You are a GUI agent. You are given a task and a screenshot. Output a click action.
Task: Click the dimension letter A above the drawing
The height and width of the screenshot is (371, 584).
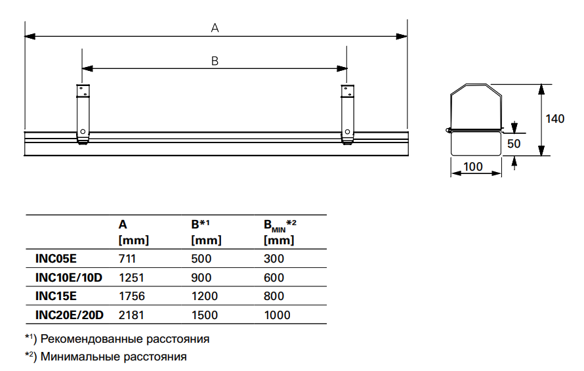(x=215, y=28)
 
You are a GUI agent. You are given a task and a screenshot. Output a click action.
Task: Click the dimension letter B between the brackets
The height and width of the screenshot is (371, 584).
(x=215, y=60)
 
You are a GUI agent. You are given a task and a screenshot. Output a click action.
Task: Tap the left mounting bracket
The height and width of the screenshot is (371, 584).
(x=82, y=112)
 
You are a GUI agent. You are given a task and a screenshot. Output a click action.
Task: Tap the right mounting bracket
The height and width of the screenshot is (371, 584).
(x=347, y=112)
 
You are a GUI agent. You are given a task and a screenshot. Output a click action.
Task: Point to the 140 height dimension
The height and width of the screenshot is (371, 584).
(x=555, y=119)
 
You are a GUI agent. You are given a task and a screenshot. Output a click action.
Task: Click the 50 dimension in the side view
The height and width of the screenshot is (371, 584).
(x=514, y=142)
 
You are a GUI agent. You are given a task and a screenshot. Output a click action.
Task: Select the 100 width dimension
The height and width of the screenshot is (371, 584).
(x=473, y=166)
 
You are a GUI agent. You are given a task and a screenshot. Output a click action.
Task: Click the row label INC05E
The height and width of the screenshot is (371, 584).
(x=55, y=259)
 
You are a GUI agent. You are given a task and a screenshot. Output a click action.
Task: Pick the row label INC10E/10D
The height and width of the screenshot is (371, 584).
(x=69, y=278)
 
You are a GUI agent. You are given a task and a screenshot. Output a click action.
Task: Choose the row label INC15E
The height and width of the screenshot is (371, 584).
(x=55, y=296)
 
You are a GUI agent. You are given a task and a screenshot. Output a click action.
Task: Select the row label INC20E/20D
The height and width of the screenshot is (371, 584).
(x=69, y=315)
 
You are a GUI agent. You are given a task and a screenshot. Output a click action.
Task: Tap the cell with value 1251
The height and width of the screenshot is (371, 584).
(x=131, y=278)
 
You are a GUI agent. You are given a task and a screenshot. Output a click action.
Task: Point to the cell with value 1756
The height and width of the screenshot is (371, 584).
(x=131, y=296)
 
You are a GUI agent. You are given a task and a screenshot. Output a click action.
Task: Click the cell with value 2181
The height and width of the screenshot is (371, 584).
(x=131, y=315)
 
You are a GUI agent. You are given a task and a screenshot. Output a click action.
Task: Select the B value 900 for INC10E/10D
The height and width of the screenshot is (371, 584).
(x=200, y=278)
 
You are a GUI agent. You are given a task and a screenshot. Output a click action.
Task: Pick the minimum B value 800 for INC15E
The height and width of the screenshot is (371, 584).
(x=274, y=296)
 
